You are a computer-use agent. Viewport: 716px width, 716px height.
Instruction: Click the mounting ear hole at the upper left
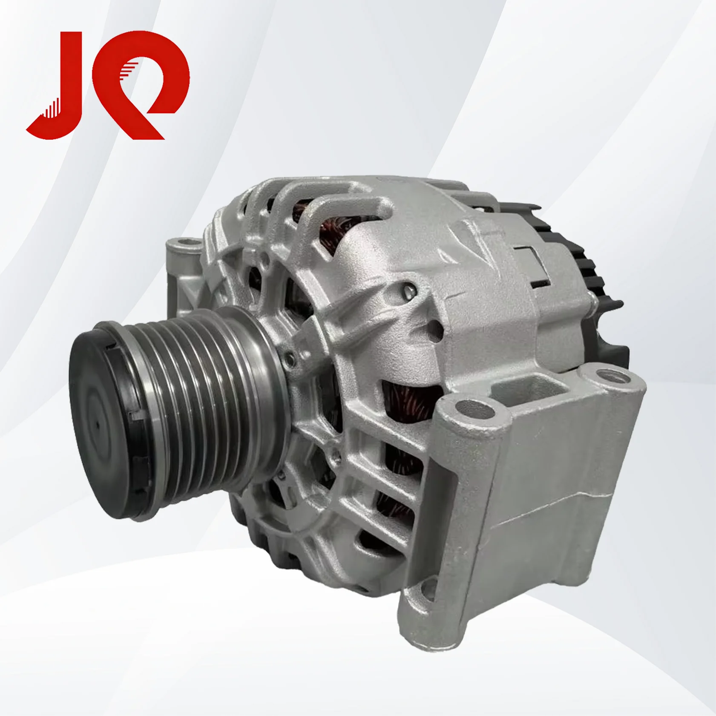[x=184, y=245]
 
